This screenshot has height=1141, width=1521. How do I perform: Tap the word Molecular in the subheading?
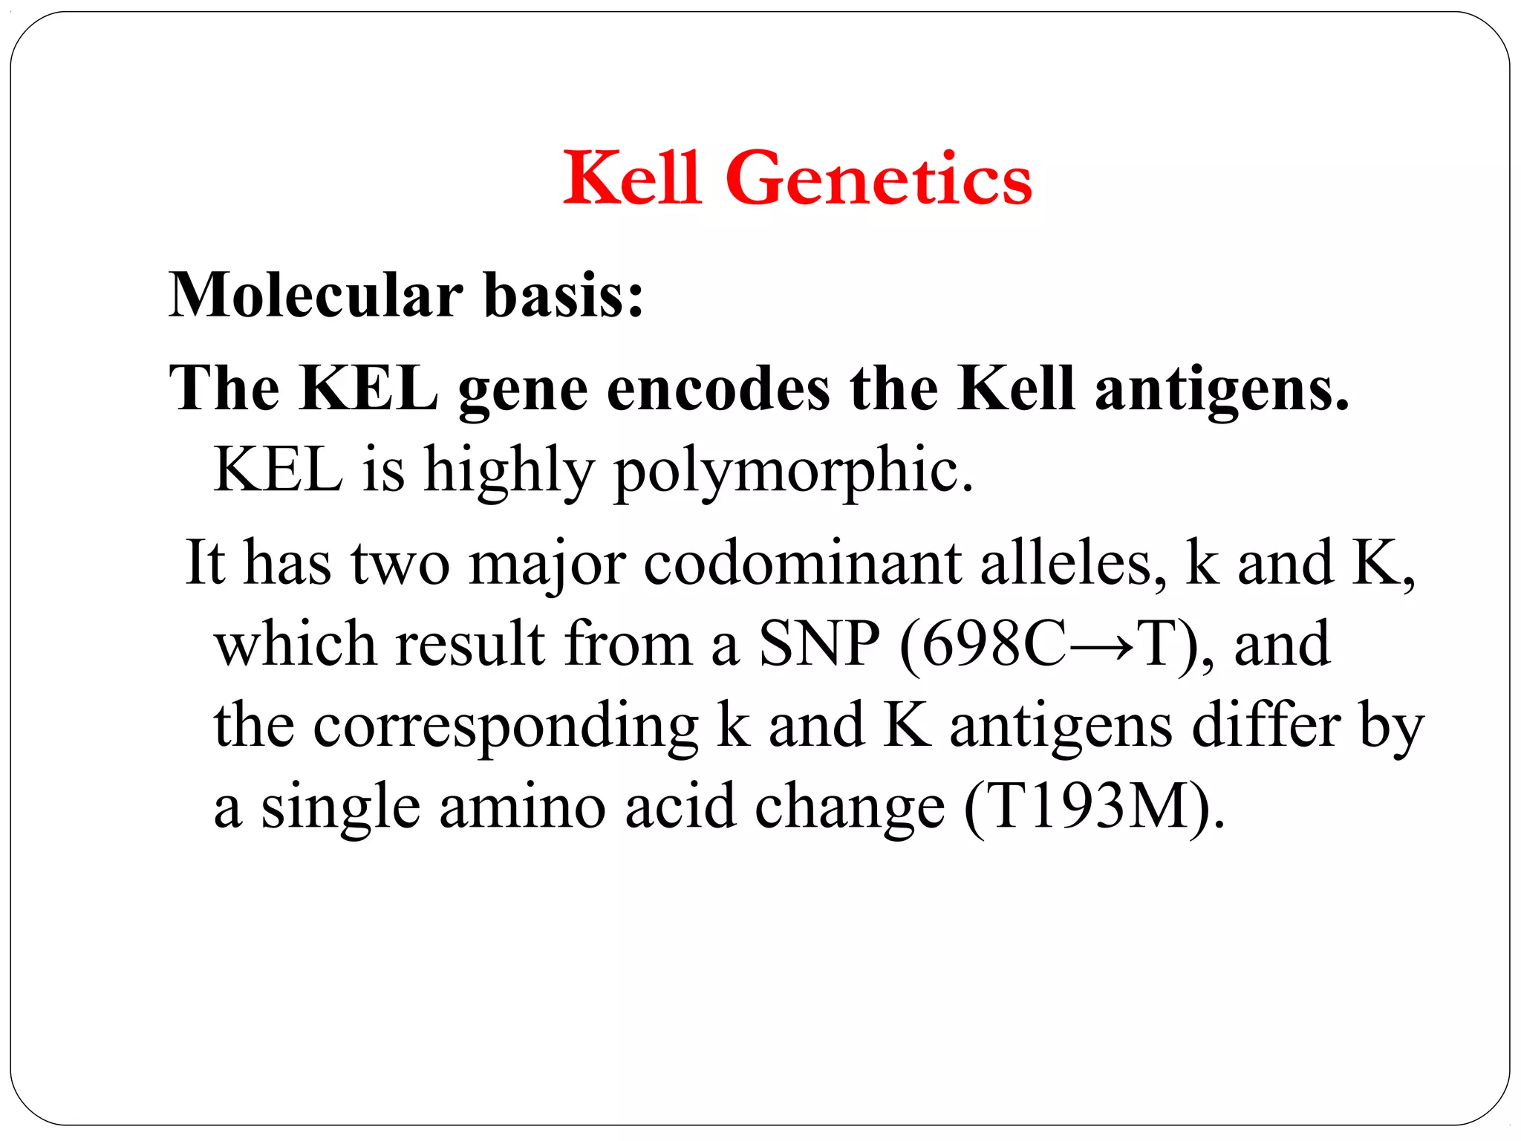point(316,295)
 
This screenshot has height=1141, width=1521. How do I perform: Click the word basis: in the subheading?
point(564,295)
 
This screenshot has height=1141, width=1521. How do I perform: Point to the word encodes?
point(718,389)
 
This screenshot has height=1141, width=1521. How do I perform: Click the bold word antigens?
point(1221,389)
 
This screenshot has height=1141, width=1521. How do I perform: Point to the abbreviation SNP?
point(819,644)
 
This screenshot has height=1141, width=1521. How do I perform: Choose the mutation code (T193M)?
point(1093,807)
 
